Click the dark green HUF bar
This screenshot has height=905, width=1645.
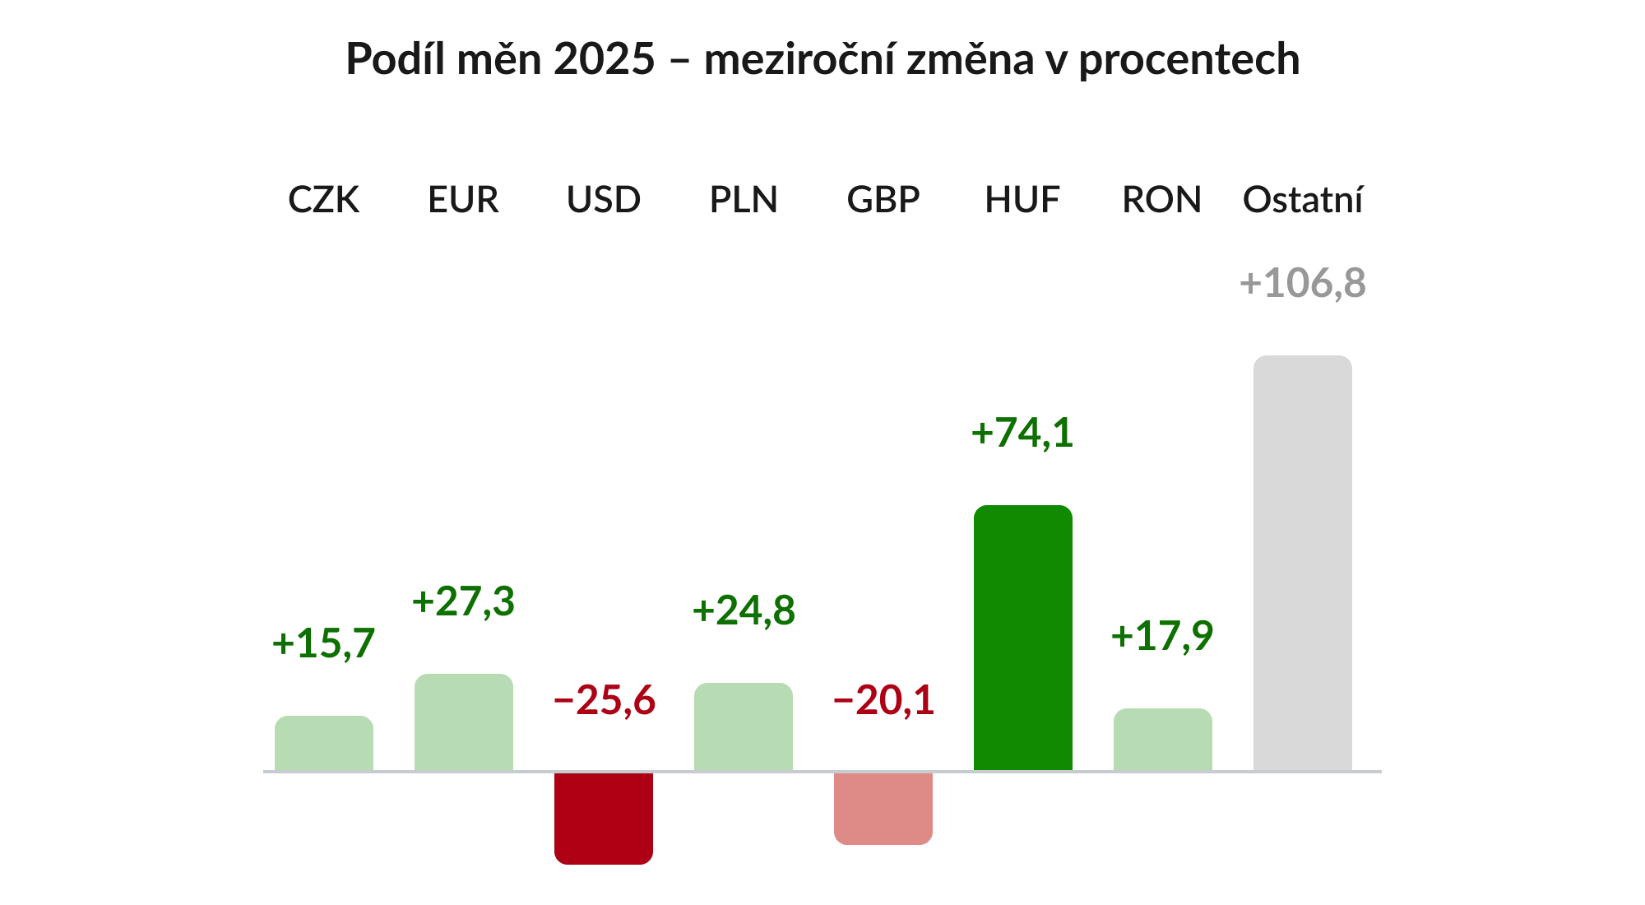[x=1022, y=638]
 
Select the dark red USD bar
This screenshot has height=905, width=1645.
[x=603, y=818]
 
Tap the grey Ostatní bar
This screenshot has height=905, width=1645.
[x=1302, y=564]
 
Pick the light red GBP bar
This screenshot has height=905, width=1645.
[x=883, y=808]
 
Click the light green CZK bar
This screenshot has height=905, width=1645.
[x=323, y=744]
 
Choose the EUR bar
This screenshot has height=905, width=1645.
[x=463, y=722]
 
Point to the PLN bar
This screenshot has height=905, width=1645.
[x=743, y=727]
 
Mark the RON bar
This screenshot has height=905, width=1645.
[x=1162, y=740]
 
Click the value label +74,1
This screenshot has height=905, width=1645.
[x=1022, y=433]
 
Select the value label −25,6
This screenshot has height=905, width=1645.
[x=605, y=701]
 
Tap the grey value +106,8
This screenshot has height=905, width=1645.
[x=1302, y=283]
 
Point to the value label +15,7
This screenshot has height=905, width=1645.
[x=323, y=643]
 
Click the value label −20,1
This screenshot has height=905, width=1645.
[x=883, y=701]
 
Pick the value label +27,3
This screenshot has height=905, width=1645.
[x=463, y=601]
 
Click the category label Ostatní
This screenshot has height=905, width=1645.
[x=1302, y=200]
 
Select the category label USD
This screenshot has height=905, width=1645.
[x=603, y=200]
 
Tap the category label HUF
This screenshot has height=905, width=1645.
[x=1022, y=200]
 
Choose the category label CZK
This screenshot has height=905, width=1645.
[x=323, y=200]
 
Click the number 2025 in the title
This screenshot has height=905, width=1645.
[x=604, y=59]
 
